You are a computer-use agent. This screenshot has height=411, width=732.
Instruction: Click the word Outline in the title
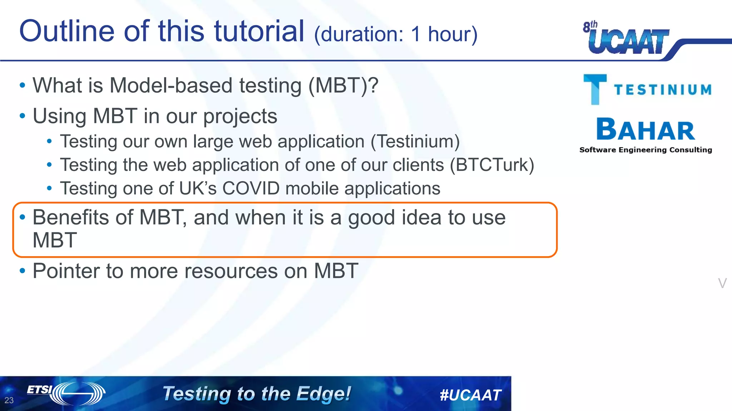[67, 31]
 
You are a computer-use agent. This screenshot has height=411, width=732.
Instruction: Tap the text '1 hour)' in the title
[444, 34]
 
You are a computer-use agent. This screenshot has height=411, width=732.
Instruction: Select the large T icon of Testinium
[595, 89]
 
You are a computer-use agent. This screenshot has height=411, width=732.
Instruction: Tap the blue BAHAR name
[646, 130]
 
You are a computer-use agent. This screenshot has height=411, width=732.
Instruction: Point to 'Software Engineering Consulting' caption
[646, 150]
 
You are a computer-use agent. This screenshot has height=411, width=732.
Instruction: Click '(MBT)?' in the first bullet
[343, 86]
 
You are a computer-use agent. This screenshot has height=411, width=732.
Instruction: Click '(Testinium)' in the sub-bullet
[415, 141]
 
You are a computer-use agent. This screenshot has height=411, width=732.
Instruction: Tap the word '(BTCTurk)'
[492, 165]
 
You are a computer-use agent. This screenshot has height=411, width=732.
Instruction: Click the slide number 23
[9, 400]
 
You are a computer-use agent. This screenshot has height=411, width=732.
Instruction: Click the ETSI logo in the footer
[66, 393]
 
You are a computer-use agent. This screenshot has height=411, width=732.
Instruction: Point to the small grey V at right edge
[722, 283]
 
